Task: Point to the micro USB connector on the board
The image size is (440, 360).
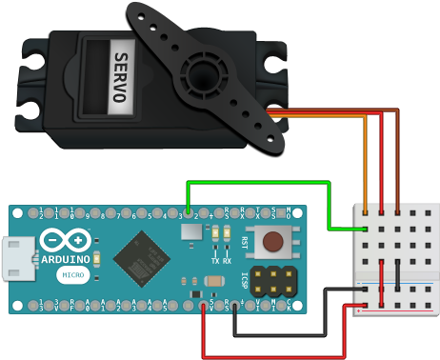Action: tap(16, 260)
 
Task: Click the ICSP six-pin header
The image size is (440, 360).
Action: tap(272, 281)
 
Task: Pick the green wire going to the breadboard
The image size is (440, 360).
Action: tap(257, 182)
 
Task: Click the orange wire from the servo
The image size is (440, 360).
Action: tap(366, 162)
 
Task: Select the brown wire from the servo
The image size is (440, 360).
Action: tap(396, 162)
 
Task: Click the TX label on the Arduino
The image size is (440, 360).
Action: tap(215, 260)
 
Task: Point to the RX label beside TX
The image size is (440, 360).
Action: tap(228, 260)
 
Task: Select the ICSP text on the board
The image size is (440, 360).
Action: tap(246, 281)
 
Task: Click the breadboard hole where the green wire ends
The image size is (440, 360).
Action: tap(366, 230)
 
